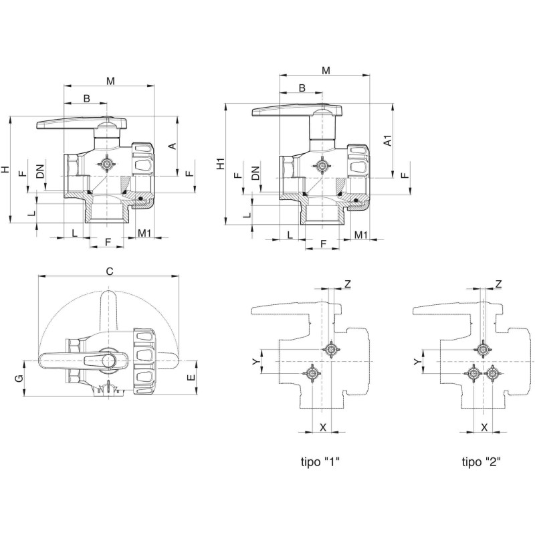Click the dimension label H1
tap(221, 163)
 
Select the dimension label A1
tap(388, 140)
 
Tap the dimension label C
tap(110, 272)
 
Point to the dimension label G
tap(20, 379)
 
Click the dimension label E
tap(191, 378)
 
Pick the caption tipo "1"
tap(320, 462)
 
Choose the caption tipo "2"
tap(481, 462)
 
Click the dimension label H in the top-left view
tap(6, 169)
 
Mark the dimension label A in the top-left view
tap(173, 146)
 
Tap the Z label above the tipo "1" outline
tap(347, 284)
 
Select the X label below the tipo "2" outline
tap(484, 427)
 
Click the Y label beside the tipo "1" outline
tap(256, 362)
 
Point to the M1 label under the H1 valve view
tap(360, 235)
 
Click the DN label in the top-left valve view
tap(41, 171)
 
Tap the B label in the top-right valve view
tap(302, 88)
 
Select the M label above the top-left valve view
tap(110, 81)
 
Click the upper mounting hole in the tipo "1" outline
tap(330, 349)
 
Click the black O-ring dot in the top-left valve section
tap(140, 199)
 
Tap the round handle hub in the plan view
tap(109, 360)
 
